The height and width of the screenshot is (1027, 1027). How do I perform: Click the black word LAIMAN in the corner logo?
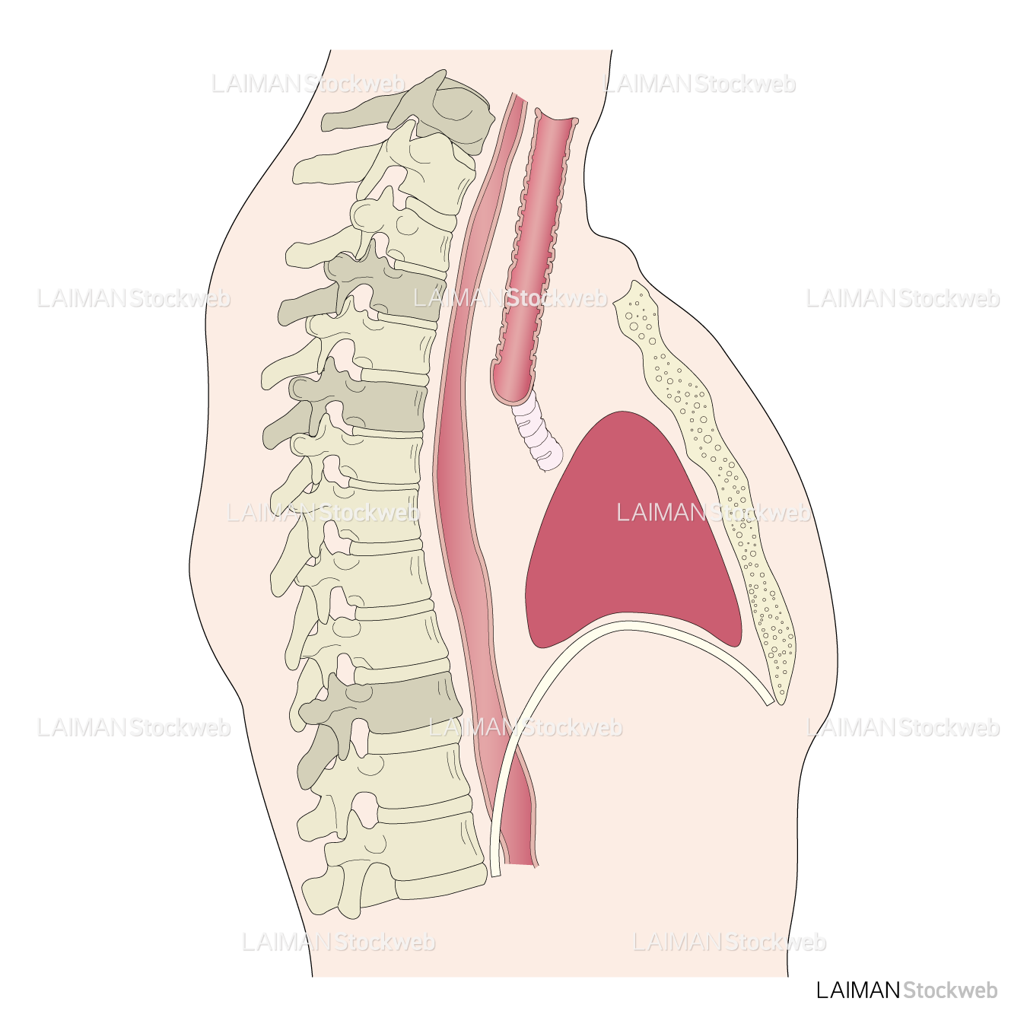coord(858,990)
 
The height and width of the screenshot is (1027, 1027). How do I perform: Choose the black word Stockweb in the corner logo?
coord(950,990)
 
